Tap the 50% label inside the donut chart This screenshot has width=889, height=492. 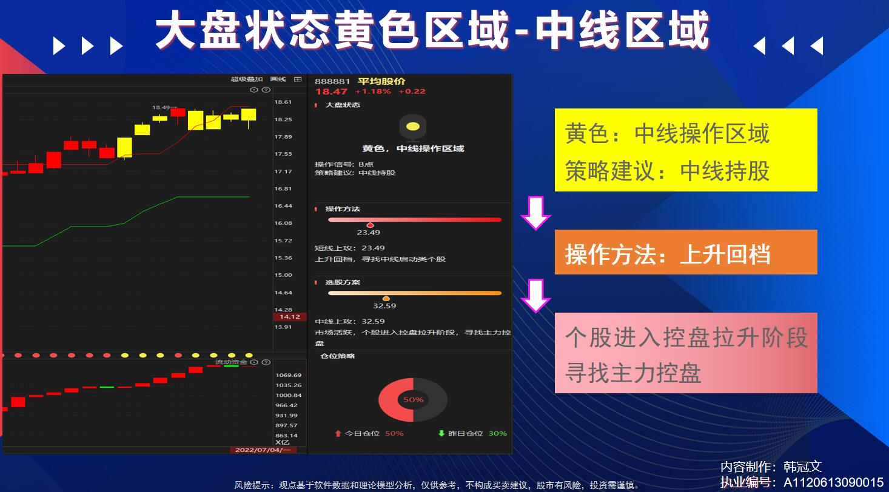click(413, 400)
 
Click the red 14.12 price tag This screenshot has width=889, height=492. click(290, 317)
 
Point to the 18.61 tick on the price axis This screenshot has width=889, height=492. click(283, 102)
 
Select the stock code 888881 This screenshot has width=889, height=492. click(332, 82)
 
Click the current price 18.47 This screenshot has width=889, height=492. click(331, 91)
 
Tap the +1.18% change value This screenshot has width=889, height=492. click(373, 91)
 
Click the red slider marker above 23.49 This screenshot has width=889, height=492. click(370, 225)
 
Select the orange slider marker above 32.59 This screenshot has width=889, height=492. click(386, 298)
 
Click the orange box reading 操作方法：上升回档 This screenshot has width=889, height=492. click(686, 252)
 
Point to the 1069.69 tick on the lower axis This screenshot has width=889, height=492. click(289, 375)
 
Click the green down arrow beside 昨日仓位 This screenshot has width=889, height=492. click(441, 433)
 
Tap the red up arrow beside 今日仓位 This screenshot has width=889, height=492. click(338, 433)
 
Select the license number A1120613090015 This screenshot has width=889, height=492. click(833, 482)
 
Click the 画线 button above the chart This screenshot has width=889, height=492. click(278, 79)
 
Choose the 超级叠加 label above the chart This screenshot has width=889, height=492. click(246, 79)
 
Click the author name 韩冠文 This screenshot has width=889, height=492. click(802, 467)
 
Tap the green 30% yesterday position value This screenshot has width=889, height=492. click(498, 433)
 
